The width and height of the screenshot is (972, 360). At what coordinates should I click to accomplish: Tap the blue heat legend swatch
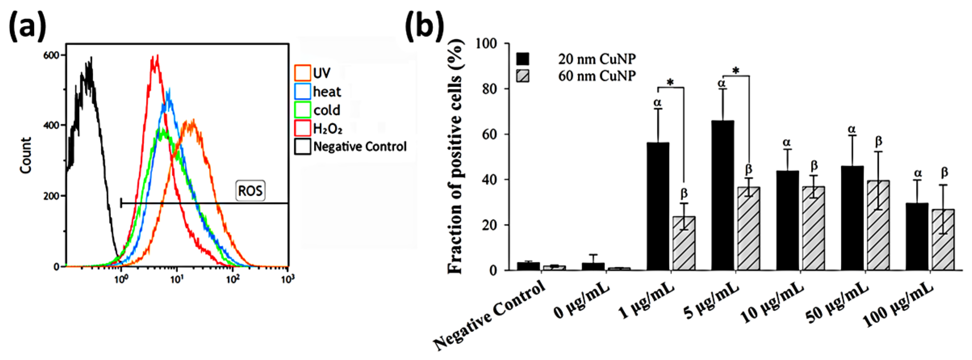302,91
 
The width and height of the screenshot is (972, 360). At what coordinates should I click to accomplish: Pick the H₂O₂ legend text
328,129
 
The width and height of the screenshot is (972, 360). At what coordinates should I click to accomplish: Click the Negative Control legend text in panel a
360,147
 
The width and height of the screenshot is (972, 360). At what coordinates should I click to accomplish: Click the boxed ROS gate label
250,191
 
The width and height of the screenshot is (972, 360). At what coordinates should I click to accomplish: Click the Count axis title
26,155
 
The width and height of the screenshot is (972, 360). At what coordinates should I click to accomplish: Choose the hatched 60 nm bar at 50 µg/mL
878,225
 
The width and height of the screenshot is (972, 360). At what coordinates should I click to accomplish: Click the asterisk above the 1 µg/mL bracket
670,83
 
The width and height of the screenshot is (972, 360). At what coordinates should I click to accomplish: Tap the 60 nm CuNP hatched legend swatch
523,76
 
